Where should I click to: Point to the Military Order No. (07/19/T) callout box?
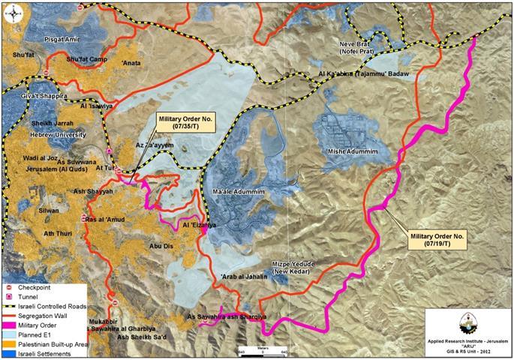click(x=440, y=240)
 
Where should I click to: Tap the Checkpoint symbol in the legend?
click(x=9, y=287)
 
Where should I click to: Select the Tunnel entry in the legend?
click(x=9, y=297)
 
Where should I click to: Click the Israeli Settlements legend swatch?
click(x=9, y=351)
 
